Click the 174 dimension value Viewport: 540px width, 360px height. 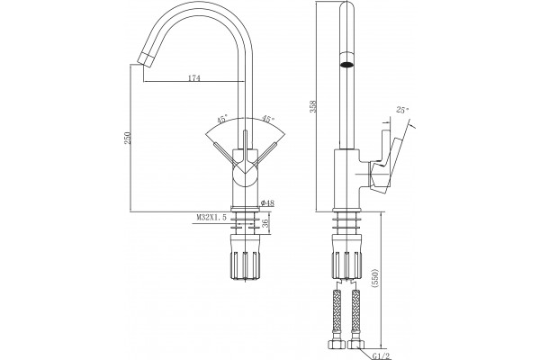[193, 78]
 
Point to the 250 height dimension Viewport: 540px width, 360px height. [128, 138]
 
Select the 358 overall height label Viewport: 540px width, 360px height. [313, 106]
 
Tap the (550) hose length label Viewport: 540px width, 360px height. [375, 278]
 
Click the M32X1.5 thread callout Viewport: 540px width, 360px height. [211, 218]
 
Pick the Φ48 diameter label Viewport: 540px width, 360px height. [267, 203]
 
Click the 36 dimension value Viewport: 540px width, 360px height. [265, 223]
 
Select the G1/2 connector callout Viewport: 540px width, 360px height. [382, 355]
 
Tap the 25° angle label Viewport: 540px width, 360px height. [402, 110]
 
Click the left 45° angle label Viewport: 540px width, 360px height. [222, 120]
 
